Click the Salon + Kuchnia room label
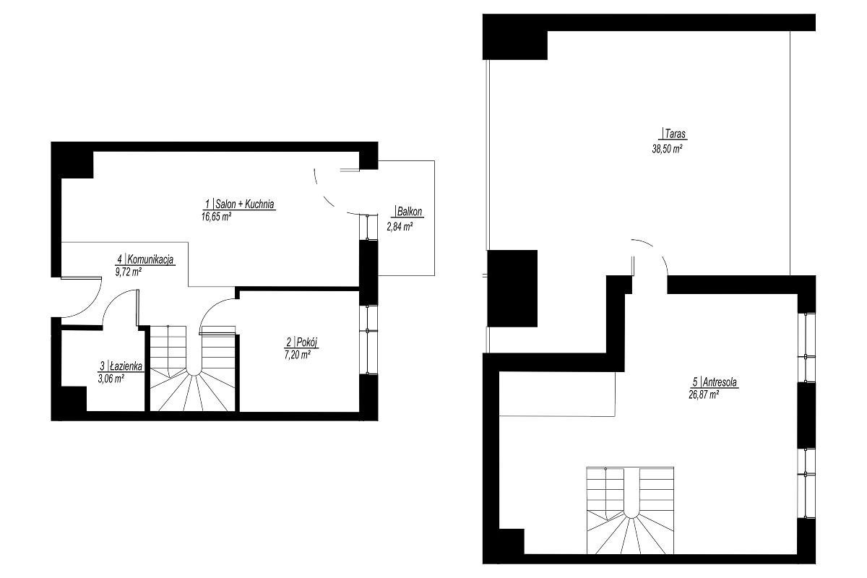(240, 204)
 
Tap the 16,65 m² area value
(216, 217)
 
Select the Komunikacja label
(145, 259)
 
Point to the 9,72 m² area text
(128, 272)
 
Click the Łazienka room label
(121, 366)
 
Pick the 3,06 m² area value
(111, 379)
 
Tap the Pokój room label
(302, 342)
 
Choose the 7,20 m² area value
(297, 355)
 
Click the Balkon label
(408, 212)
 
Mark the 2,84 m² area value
(400, 226)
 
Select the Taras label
(674, 134)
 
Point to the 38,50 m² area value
(667, 149)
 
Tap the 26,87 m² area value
(704, 395)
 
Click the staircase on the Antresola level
(630, 510)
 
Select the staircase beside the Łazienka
(193, 368)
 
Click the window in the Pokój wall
(368, 340)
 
